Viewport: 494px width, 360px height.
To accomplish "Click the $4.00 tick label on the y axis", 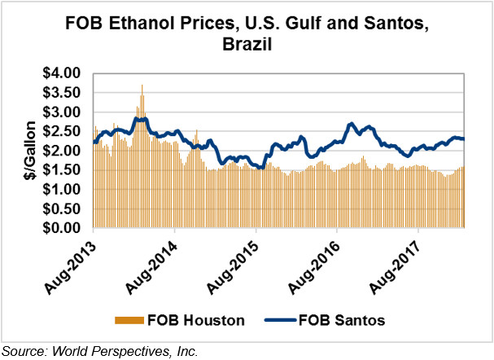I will coord(61,73).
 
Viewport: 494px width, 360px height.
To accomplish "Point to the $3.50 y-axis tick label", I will coord(61,93).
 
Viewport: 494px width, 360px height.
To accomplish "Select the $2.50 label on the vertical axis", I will coord(61,132).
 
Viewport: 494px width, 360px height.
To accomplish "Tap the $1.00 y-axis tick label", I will coord(61,190).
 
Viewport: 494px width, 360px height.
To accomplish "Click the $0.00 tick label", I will coord(61,229).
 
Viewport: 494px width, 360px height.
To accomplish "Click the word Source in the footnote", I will coord(24,351).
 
